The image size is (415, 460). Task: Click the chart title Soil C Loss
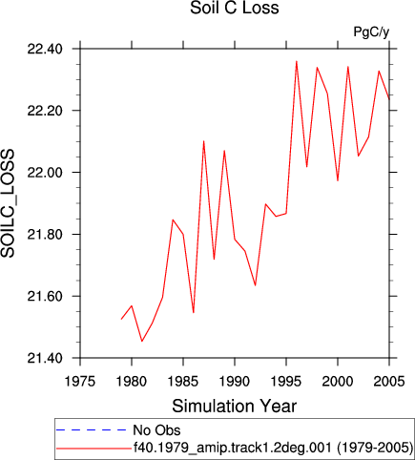[x=235, y=8]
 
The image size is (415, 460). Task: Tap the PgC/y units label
[x=371, y=32]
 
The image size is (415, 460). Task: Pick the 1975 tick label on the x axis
[x=80, y=381]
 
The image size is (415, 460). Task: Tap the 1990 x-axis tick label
[x=235, y=381]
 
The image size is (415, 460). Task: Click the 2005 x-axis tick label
[x=389, y=381]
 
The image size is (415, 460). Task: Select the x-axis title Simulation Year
[x=235, y=407]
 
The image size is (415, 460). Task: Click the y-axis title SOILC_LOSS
[x=8, y=203]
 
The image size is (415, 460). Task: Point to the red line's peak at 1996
[x=297, y=61]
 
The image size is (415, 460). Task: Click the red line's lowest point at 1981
[x=142, y=342]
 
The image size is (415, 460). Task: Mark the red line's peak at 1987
[x=203, y=141]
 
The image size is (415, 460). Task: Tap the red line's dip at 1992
[x=255, y=285]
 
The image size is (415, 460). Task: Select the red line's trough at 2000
[x=338, y=180]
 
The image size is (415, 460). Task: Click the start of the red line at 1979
[x=121, y=319]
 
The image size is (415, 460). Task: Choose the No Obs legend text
[x=156, y=430]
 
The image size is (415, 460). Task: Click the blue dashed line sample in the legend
[x=92, y=430]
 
